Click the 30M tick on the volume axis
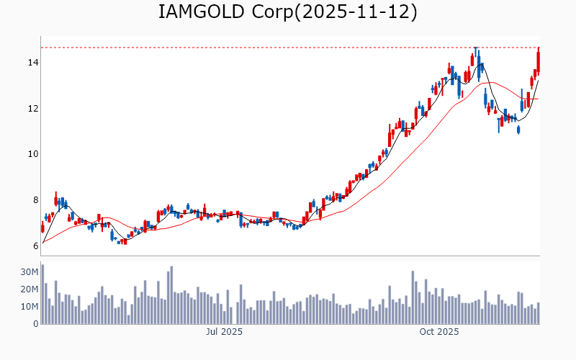click(x=29, y=272)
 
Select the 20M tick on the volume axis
click(x=29, y=289)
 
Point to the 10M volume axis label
click(x=29, y=307)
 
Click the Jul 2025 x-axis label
click(x=224, y=332)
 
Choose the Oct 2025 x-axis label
click(x=439, y=332)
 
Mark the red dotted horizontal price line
click(x=288, y=48)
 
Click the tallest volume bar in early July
click(x=171, y=295)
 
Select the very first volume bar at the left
click(x=42, y=294)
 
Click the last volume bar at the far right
click(x=538, y=313)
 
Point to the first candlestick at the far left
click(x=42, y=228)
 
